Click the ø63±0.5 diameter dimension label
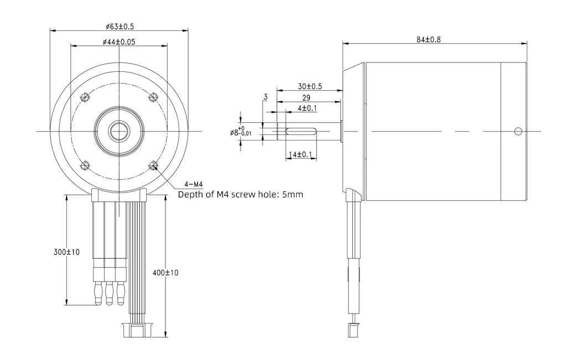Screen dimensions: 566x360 coord(120,27)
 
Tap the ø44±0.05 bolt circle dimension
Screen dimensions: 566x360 coord(119,42)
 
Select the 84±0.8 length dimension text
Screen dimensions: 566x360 coord(428,39)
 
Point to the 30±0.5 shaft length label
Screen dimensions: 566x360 coord(310,87)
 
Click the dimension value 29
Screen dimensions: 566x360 coord(306,98)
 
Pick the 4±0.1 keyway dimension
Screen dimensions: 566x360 coord(307,108)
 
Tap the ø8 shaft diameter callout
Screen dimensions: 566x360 coord(241,132)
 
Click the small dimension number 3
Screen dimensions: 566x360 coord(266,97)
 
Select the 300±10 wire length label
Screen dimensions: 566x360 coord(66,252)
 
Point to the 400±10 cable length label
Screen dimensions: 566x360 coord(165,273)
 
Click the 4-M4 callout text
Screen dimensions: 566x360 coord(194,184)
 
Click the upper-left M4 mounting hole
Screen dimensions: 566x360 coord(86,97)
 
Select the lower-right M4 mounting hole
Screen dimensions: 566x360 coord(153,165)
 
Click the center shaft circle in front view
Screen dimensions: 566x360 coord(119,131)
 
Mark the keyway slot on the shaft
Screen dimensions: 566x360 coord(301,131)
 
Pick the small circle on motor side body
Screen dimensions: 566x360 coord(518,131)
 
